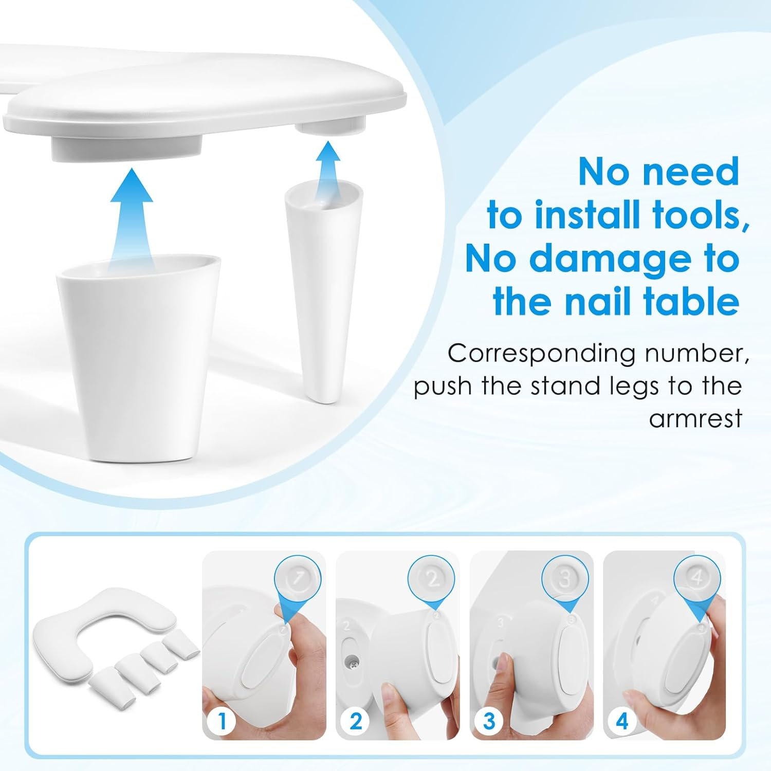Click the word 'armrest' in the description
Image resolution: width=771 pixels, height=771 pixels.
coord(695,418)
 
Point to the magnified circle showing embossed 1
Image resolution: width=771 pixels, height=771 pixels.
coord(298,579)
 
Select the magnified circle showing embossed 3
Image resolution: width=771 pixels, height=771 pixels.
coord(564,579)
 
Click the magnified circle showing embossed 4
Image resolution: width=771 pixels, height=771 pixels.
coord(697,579)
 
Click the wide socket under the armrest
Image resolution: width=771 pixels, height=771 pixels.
coord(126,146)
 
